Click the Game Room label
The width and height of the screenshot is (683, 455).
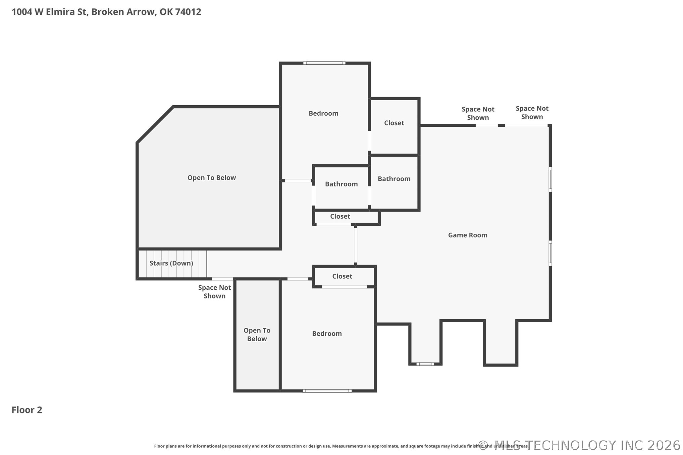click(467, 235)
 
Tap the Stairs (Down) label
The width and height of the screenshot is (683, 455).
click(171, 263)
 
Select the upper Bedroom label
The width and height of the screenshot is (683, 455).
click(323, 113)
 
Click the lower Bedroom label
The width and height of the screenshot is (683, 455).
click(327, 334)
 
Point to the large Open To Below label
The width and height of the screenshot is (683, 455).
click(211, 178)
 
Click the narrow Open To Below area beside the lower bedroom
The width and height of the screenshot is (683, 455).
click(257, 335)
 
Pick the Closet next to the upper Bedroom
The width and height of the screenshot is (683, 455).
click(394, 123)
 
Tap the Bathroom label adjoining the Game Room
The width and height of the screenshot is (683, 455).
click(394, 179)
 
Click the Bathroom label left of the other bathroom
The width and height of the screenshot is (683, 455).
click(341, 184)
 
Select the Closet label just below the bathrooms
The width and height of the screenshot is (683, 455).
click(340, 217)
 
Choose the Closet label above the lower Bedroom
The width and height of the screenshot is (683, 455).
click(342, 276)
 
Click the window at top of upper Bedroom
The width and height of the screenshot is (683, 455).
click(324, 63)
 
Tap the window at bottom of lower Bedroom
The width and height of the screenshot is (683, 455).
click(327, 391)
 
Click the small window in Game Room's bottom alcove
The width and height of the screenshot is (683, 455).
click(425, 364)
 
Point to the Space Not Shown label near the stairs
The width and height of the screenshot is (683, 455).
click(214, 292)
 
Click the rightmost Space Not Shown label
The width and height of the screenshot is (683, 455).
click(532, 113)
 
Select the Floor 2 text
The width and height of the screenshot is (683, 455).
click(27, 410)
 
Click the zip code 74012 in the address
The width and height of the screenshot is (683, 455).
click(188, 12)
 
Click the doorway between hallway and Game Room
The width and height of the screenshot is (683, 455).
click(355, 246)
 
